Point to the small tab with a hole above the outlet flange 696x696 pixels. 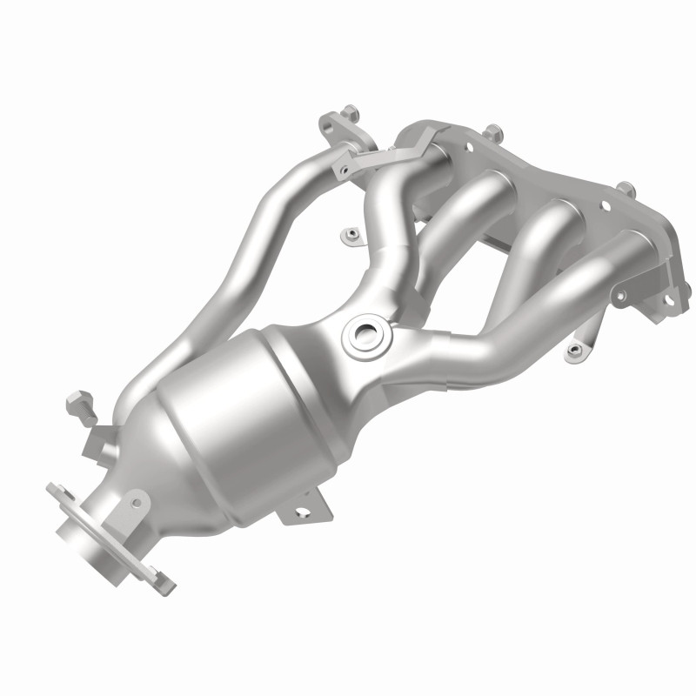[134, 499]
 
